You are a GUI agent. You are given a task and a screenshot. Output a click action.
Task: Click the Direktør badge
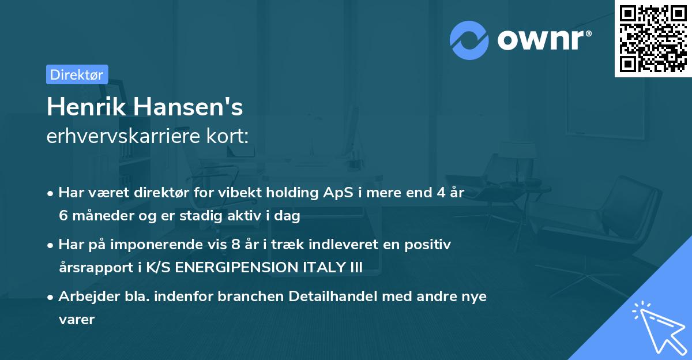[77, 74]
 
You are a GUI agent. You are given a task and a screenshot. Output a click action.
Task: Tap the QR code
[653, 39]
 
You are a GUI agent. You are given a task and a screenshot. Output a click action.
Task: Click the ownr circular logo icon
[469, 40]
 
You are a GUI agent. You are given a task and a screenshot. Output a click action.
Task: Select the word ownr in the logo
[543, 40]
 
